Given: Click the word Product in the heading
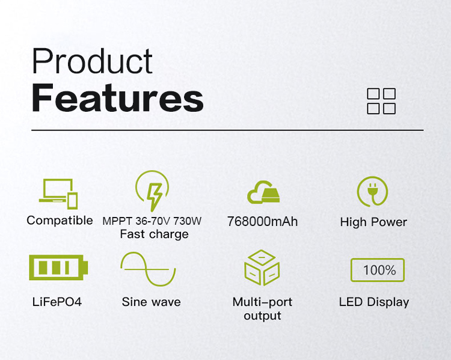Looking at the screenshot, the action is point(92,61).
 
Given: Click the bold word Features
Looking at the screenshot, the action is point(118,97).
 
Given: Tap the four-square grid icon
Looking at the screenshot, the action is point(381,101).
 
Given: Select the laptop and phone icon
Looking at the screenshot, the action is point(58,194).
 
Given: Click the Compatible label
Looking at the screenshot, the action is point(60,221).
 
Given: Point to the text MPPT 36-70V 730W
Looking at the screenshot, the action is point(152,221).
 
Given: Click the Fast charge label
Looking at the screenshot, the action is point(154,234).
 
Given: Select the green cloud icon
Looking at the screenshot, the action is point(263,192).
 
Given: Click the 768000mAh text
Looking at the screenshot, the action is point(262,222).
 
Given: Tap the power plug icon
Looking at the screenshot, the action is point(372,192).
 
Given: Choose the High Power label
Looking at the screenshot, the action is point(373,222).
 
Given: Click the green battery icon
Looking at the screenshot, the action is point(58,267).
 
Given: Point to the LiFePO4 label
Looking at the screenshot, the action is point(57,302).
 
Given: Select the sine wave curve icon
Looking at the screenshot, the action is point(148,269).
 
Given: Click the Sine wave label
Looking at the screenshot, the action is point(152,302).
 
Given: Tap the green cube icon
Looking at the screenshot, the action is point(262,267).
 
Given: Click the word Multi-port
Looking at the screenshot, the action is point(262,302).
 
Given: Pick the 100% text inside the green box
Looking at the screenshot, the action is point(379,270).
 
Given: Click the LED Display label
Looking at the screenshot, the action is point(374,302).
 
